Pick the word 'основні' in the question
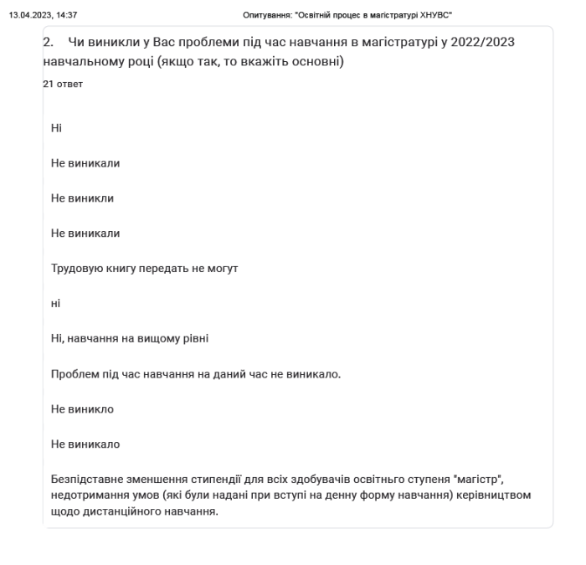pos(317,62)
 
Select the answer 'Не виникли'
pos(82,198)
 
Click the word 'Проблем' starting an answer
pos(74,374)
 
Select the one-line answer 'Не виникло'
pos(82,409)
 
